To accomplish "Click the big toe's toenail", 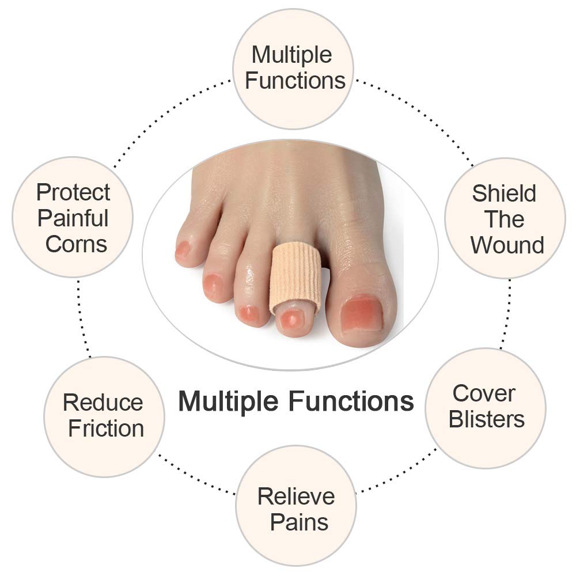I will tap(361, 314).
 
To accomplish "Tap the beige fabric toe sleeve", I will tap(293, 276).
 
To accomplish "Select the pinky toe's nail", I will tap(183, 249).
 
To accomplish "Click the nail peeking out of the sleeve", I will tap(291, 318).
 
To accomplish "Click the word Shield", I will tap(504, 194).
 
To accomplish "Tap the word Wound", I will tap(507, 245).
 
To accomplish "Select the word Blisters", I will tap(487, 419).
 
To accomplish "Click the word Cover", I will tap(484, 393).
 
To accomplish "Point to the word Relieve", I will tap(296, 496).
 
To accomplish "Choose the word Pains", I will tap(299, 522).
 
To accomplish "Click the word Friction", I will tap(106, 429).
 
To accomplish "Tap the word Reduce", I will tap(103, 403).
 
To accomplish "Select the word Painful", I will tap(73, 218).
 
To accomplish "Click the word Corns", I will tap(76, 244).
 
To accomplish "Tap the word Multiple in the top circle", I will tap(291, 55).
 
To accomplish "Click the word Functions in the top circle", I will tap(295, 80).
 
